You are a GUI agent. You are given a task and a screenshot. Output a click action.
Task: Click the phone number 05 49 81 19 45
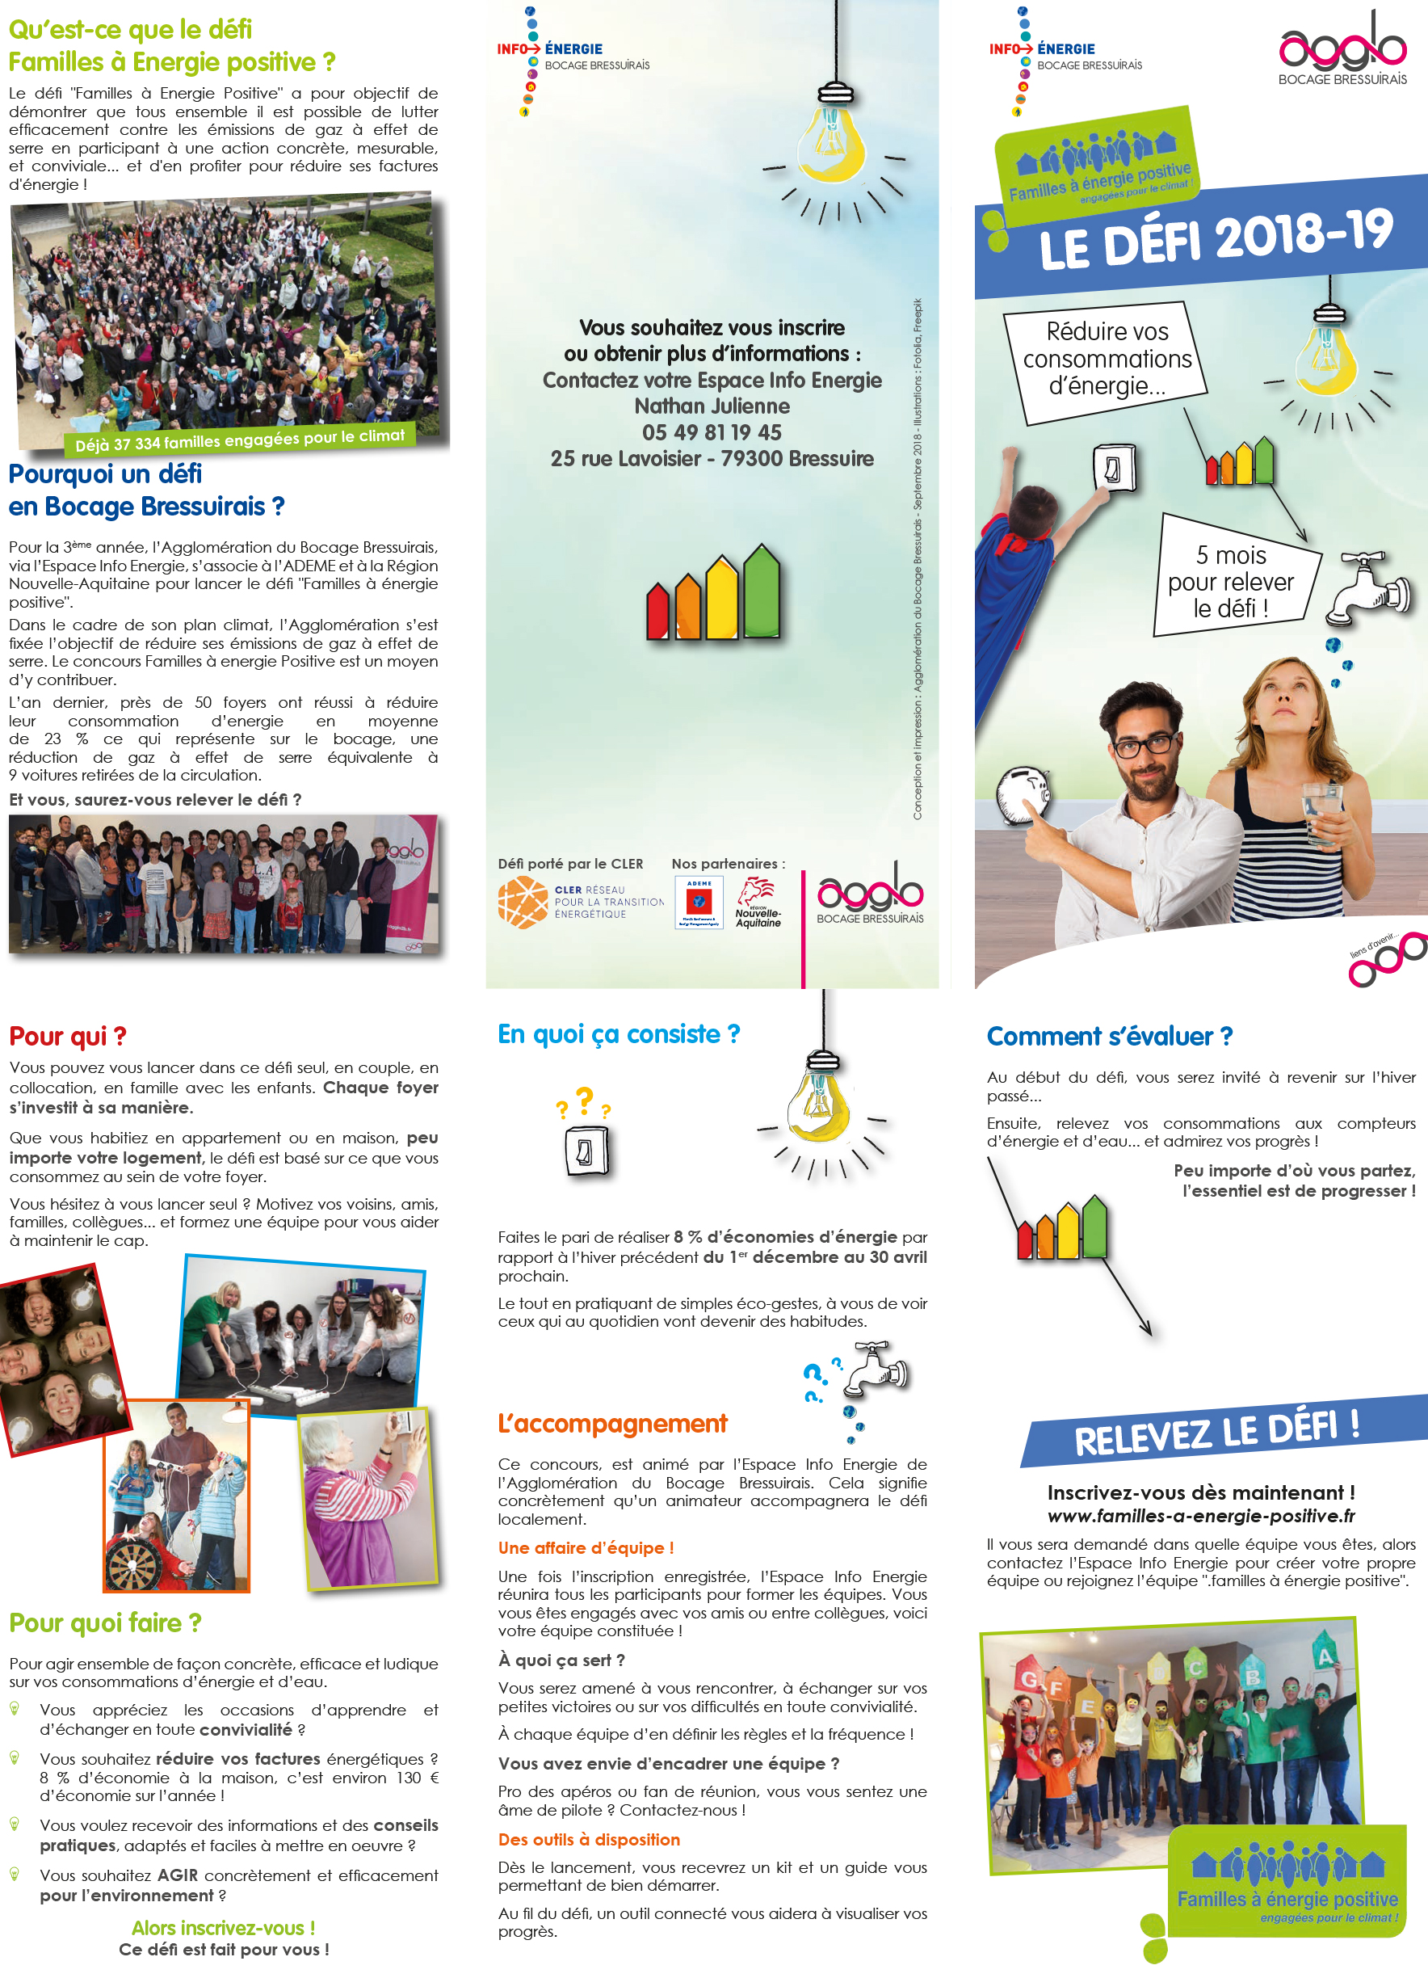[712, 432]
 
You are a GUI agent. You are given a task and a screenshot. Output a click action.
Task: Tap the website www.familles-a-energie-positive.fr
[1200, 1516]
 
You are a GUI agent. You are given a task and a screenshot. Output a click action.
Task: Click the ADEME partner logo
[699, 903]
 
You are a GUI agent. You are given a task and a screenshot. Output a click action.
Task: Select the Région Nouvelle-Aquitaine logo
[757, 903]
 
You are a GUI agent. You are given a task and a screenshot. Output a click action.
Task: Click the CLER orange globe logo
[523, 902]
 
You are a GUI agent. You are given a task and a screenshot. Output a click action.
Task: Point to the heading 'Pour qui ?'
[68, 1036]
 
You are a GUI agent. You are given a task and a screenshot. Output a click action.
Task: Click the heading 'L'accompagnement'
[612, 1424]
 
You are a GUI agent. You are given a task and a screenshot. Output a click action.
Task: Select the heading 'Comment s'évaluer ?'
[1109, 1036]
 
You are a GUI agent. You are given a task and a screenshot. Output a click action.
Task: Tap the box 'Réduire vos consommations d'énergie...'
[1106, 359]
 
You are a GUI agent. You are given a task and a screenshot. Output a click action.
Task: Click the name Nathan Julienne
[712, 406]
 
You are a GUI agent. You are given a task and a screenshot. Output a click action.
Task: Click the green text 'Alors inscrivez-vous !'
[223, 1927]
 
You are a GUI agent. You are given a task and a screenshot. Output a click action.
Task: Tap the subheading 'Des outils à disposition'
[589, 1839]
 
